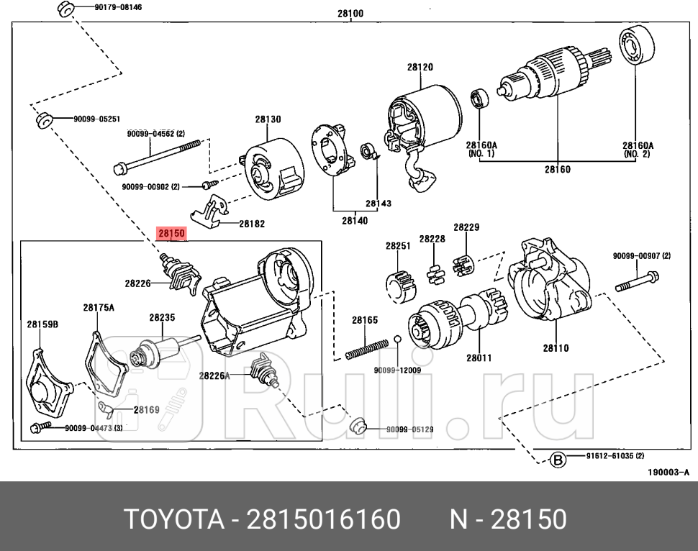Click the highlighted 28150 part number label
[172, 233]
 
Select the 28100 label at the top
[350, 13]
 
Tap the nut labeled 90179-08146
[63, 9]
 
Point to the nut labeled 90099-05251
[43, 119]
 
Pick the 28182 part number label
[251, 224]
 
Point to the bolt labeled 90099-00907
[638, 281]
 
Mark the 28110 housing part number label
[556, 348]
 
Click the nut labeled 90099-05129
[358, 426]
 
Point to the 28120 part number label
[420, 67]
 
